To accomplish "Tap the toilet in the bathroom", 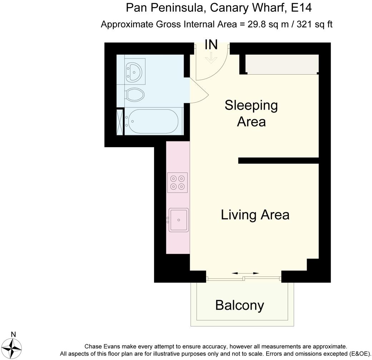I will [x=135, y=95].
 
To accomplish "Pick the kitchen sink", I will [x=178, y=219].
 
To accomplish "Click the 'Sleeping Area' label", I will [x=251, y=113].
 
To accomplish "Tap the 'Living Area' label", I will [x=255, y=215].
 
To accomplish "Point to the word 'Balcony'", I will [x=240, y=305].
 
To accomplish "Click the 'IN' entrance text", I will [x=211, y=45].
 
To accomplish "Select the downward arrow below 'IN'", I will [x=211, y=58].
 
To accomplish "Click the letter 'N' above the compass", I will [x=14, y=334].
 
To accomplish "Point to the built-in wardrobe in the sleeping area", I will [x=282, y=64].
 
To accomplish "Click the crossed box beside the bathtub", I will [x=120, y=122].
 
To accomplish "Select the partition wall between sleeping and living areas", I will [x=278, y=161].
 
